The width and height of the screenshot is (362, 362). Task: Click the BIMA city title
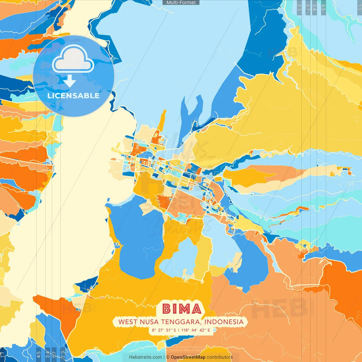tap(182, 309)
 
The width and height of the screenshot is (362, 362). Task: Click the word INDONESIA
tap(224, 322)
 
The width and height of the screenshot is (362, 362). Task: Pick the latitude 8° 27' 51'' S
tap(164, 330)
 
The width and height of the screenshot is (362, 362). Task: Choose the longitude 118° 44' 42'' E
tap(196, 330)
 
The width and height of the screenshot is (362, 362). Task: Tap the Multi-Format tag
tap(181, 3)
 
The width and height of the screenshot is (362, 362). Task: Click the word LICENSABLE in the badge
tap(74, 96)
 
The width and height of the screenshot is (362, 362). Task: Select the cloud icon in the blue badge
tap(73, 59)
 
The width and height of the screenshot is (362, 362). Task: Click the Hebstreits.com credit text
tap(145, 357)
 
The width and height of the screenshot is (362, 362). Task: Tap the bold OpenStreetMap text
tap(188, 357)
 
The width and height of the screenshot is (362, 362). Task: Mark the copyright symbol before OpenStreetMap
tap(168, 357)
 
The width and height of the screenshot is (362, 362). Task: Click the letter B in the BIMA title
tap(167, 309)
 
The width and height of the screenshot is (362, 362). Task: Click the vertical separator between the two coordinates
tap(178, 330)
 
